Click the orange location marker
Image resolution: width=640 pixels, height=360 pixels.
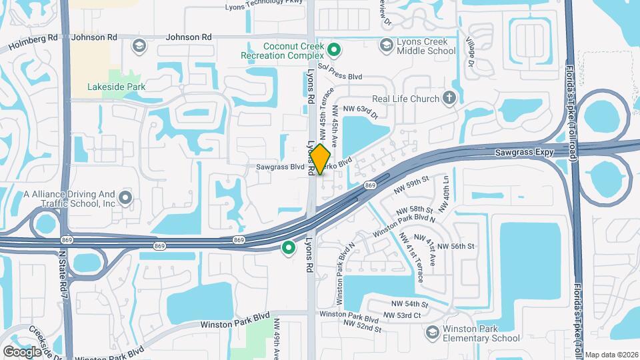tap(321, 159)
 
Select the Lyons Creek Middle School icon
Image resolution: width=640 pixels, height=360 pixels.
tap(385, 45)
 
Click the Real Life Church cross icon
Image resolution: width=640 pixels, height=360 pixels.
tap(449, 99)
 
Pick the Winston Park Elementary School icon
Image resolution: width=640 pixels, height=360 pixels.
tap(432, 332)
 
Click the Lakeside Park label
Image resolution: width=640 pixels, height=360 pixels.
tap(117, 87)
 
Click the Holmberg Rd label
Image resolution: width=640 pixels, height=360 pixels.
tap(33, 43)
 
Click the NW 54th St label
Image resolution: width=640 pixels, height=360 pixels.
tap(405, 305)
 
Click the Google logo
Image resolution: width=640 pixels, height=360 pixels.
tap(22, 351)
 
